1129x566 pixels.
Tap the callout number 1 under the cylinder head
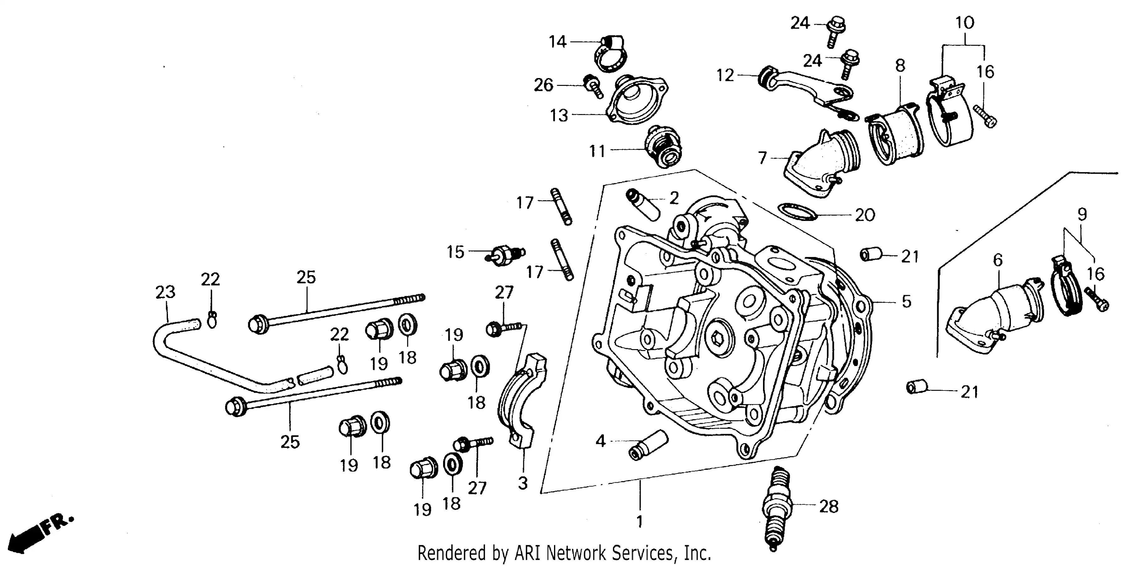pos(640,521)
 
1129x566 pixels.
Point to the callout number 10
pos(964,23)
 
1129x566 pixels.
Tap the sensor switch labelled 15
pos(504,254)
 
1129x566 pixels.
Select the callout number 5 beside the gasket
pos(906,301)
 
